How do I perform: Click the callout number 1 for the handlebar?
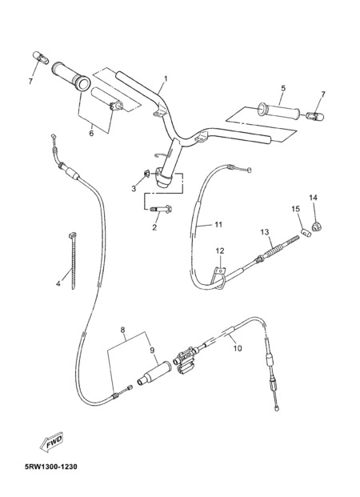(x=166, y=78)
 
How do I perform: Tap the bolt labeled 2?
(x=161, y=209)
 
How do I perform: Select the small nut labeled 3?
(x=147, y=174)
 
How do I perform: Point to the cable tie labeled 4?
(x=73, y=261)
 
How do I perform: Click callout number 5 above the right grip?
(x=283, y=88)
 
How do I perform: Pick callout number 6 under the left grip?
(x=91, y=134)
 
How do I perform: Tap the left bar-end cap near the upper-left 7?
(x=41, y=58)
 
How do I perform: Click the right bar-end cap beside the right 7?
(x=315, y=116)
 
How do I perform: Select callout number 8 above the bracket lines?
(x=123, y=330)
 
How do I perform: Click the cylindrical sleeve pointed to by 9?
(x=154, y=374)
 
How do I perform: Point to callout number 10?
(x=238, y=348)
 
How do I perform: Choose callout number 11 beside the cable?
(x=218, y=225)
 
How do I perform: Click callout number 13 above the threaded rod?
(x=265, y=232)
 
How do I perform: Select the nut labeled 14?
(x=316, y=226)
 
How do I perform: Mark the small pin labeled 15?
(x=306, y=233)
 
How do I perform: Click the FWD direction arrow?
(x=52, y=442)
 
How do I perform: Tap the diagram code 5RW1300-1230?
(x=50, y=467)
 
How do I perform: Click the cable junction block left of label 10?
(x=186, y=361)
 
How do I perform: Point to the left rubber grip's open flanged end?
(x=82, y=83)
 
